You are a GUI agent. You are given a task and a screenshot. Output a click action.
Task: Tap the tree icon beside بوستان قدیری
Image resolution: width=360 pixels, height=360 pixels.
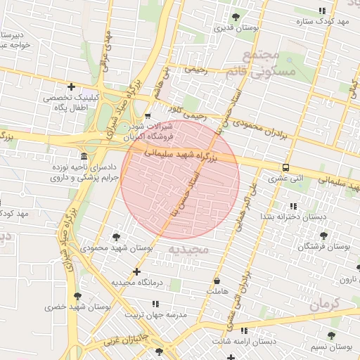click(236, 16)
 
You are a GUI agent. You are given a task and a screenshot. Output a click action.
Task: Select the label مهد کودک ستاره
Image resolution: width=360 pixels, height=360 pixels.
click(323, 22)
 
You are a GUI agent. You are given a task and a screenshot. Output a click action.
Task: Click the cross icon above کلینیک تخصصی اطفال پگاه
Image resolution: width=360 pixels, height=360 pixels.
click(71, 86)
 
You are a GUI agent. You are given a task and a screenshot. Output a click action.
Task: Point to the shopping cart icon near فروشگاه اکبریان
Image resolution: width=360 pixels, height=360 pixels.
click(147, 116)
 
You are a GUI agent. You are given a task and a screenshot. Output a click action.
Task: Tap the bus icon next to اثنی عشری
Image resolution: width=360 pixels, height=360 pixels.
click(285, 167)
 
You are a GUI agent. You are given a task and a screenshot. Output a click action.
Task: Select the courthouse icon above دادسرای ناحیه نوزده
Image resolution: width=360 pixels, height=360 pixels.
click(84, 155)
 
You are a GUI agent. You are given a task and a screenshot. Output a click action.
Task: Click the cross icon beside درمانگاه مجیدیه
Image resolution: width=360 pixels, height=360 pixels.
click(136, 271)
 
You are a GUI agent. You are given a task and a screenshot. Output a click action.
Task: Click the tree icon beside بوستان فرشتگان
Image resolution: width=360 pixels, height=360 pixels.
click(323, 236)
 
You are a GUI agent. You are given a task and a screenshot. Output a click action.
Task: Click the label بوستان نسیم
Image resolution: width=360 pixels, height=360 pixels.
click(330, 347)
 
